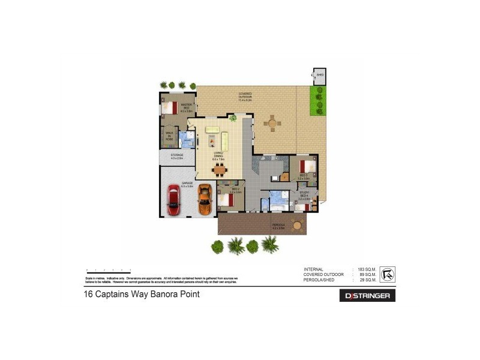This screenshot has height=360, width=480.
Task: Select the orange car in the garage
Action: tap(205, 200)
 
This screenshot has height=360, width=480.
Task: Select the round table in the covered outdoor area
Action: tap(273, 124)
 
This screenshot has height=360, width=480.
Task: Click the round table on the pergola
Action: tap(296, 226)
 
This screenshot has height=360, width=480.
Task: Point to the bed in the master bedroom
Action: tap(170, 109)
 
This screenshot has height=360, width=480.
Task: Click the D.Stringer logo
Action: tap(367, 296)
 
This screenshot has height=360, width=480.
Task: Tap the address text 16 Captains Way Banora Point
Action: tap(141, 295)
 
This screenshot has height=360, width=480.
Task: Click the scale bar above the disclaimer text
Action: tap(109, 272)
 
